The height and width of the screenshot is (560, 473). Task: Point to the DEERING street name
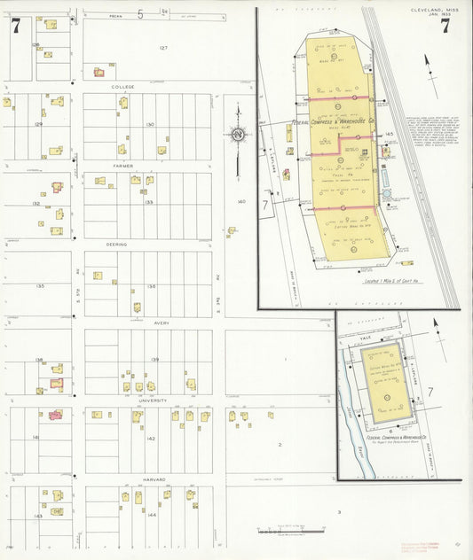(117, 245)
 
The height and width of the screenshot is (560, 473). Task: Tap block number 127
(163, 48)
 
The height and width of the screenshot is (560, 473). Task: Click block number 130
(151, 124)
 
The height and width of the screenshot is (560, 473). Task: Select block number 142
(151, 439)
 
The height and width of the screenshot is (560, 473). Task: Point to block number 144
(151, 514)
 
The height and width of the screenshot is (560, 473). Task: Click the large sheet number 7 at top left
(15, 26)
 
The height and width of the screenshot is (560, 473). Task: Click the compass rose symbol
(238, 135)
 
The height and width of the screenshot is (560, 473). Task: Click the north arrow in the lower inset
(435, 329)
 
